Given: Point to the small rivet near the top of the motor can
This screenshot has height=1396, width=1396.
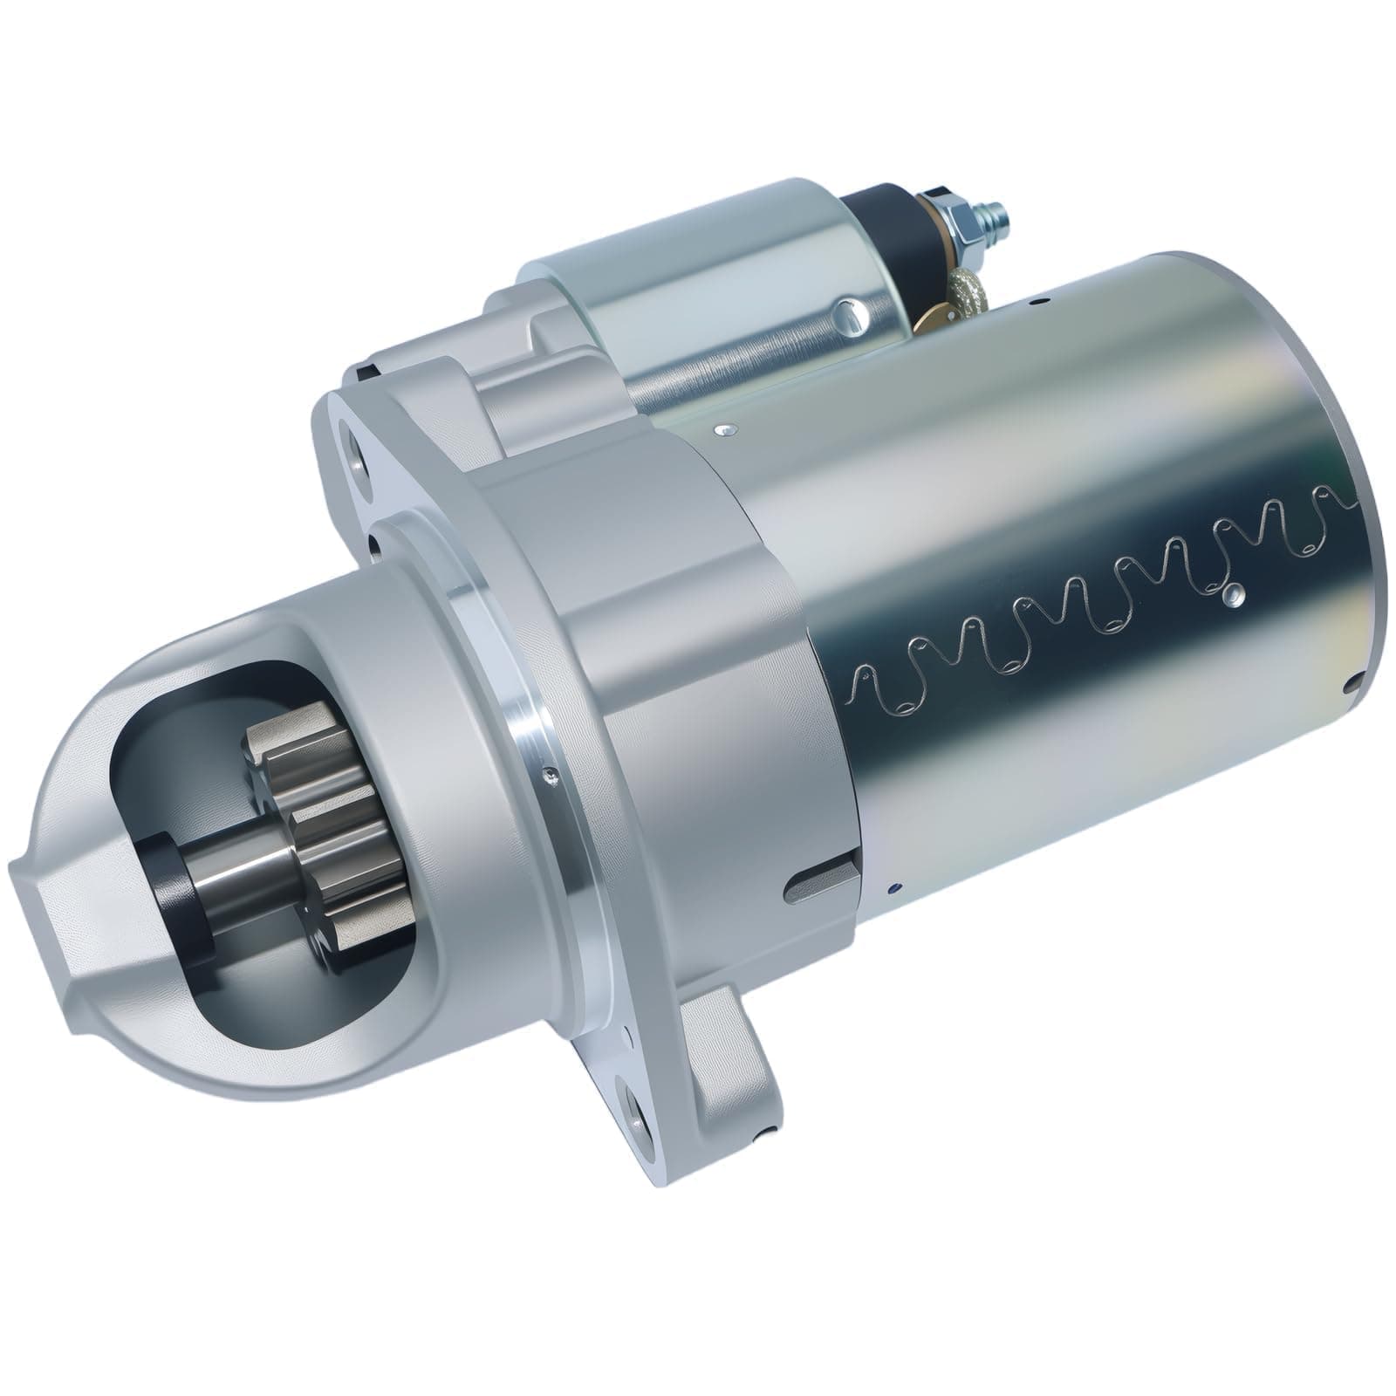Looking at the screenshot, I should (725, 428).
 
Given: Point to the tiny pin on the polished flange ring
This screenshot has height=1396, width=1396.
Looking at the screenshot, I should (547, 770).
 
